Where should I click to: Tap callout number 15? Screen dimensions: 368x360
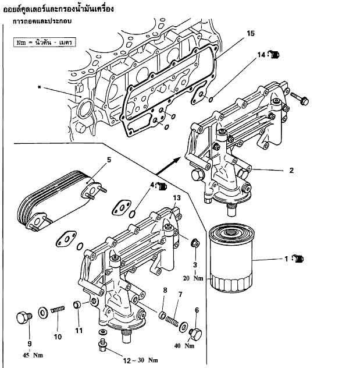tap(250, 33)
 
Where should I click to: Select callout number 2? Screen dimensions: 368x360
tap(291, 171)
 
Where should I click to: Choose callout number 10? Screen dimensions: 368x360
tap(58, 337)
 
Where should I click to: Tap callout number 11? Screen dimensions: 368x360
tap(79, 331)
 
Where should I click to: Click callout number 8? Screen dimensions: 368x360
tap(165, 290)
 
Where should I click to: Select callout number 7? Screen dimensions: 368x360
tap(180, 295)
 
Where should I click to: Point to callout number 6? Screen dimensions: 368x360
tap(197, 311)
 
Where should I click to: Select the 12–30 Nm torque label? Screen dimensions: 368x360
tap(124, 360)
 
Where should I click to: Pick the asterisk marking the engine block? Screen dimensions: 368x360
tap(40, 87)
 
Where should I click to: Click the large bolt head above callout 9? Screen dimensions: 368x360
tap(24, 317)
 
